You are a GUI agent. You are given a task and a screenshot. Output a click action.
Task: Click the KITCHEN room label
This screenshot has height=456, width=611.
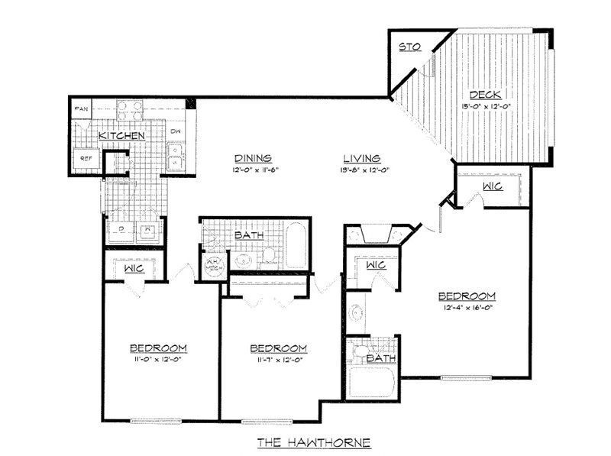point(121,135)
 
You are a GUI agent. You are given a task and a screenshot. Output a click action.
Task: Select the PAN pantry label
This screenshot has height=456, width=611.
point(82,110)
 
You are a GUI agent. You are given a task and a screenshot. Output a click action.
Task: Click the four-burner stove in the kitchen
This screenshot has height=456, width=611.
point(131,111)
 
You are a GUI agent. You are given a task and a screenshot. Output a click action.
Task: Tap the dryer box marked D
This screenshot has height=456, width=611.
point(122,230)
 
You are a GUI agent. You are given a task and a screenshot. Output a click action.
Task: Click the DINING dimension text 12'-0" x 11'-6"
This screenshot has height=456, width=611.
point(250,170)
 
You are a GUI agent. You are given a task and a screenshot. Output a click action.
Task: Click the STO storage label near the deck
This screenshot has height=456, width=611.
point(410,47)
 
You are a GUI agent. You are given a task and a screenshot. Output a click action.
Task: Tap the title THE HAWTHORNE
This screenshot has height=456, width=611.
point(313,442)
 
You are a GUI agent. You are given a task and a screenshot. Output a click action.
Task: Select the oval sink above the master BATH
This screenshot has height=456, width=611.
point(357,313)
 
